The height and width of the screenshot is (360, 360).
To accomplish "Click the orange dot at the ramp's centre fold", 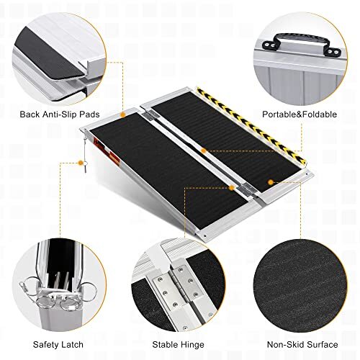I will click(x=204, y=150).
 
